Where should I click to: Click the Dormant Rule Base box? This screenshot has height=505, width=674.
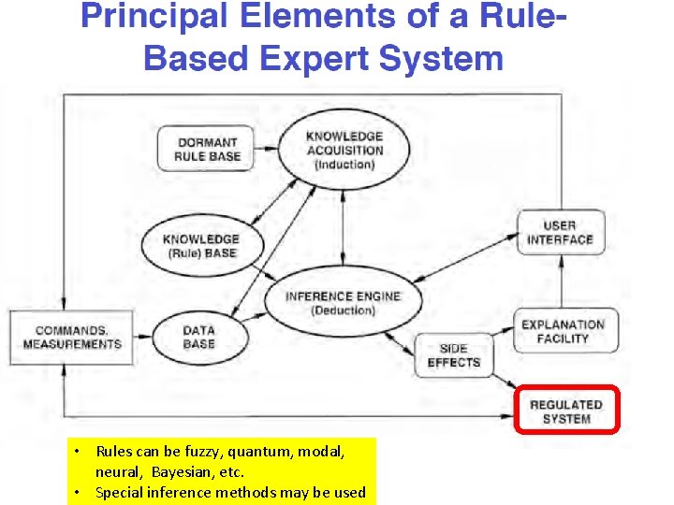[x=208, y=150]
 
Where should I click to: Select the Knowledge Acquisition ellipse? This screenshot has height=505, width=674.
[x=344, y=150]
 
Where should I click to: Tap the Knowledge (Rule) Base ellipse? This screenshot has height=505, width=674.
[x=201, y=247]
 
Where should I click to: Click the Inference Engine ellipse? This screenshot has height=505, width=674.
[x=343, y=303]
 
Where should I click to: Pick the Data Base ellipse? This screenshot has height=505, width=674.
[x=198, y=337]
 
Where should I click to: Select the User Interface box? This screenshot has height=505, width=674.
[x=560, y=232]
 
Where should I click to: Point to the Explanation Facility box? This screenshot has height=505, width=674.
[x=563, y=331]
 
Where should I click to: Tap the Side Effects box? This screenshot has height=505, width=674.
[x=453, y=355]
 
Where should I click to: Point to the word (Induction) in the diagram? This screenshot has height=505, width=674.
[x=344, y=166]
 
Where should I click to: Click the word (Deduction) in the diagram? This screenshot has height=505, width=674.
[x=343, y=310]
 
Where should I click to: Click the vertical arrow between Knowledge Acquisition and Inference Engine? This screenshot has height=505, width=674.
[x=344, y=222]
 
